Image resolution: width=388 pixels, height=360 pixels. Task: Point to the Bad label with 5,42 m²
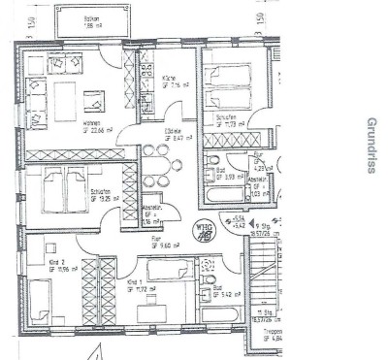(x=218, y=288)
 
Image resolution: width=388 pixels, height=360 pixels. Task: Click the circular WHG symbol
(x=203, y=232)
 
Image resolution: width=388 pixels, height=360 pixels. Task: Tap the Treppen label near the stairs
(x=275, y=333)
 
